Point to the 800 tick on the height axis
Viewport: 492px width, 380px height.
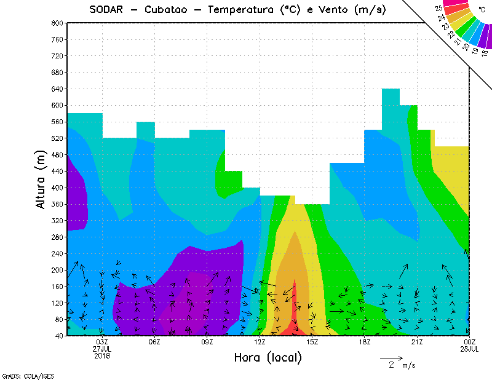pyautogui.click(x=57, y=23)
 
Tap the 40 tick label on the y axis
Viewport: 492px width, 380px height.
pyautogui.click(x=58, y=336)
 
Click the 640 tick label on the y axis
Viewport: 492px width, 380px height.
pyautogui.click(x=57, y=89)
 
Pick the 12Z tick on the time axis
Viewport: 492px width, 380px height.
pyautogui.click(x=260, y=342)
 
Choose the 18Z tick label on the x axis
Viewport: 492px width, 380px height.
pyautogui.click(x=365, y=342)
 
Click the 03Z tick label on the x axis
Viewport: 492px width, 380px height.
pyautogui.click(x=103, y=342)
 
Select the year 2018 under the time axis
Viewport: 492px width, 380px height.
pyautogui.click(x=102, y=355)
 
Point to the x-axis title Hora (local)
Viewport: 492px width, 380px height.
pyautogui.click(x=268, y=357)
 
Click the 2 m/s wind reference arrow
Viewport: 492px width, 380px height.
pyautogui.click(x=391, y=357)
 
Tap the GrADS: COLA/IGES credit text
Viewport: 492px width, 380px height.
pyautogui.click(x=19, y=375)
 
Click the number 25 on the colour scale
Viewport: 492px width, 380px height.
pyautogui.click(x=438, y=9)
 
